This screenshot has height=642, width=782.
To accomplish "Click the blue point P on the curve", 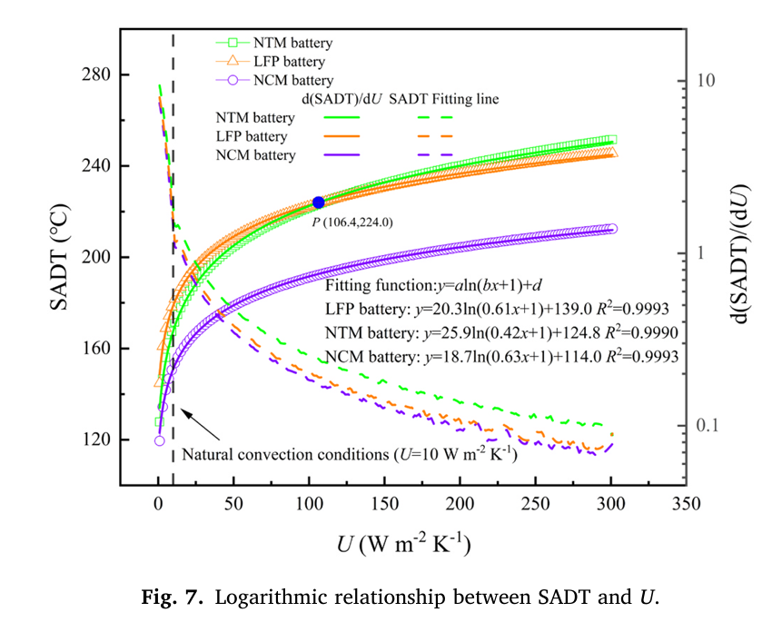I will (318, 202).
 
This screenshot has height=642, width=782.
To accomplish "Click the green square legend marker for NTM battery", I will (233, 42).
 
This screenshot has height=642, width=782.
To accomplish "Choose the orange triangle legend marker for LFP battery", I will (233, 61).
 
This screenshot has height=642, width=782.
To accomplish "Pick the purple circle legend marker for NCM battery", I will (233, 80).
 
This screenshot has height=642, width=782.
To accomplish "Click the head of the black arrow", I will (183, 410).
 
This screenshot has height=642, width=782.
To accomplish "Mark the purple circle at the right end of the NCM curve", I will (611, 229).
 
